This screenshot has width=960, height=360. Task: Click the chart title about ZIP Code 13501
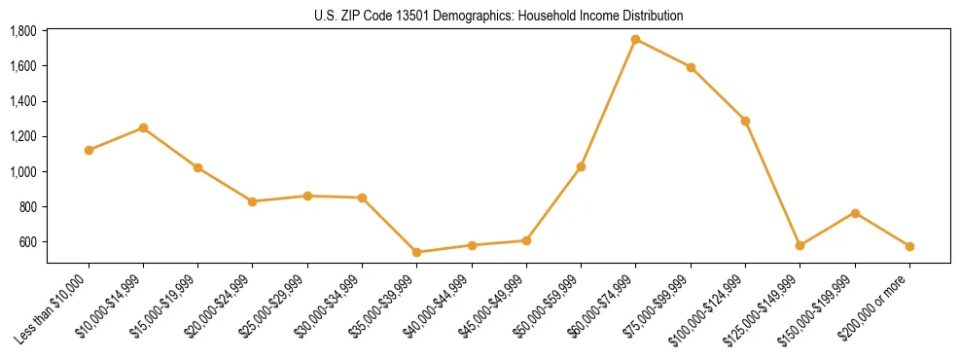pos(498,16)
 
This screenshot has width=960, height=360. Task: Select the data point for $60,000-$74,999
pos(635,39)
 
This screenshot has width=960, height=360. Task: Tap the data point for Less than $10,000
pos(89,150)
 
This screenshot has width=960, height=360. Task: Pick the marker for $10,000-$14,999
pos(143,127)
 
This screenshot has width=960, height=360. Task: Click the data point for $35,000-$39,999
pos(416,252)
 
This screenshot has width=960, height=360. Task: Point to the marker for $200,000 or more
pos(909,246)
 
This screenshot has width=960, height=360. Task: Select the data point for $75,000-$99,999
pos(691,67)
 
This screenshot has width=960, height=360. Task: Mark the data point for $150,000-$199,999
pos(855,212)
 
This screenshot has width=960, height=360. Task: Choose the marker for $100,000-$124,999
pos(745,121)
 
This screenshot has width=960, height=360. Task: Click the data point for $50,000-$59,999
pos(581,166)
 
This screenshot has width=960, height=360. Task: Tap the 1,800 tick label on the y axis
pos(22,31)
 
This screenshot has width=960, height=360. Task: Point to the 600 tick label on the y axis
pos(28,242)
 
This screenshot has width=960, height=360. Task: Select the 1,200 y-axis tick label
pos(22,136)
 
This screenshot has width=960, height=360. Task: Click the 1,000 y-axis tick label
pos(22,172)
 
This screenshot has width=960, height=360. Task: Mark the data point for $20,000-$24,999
pos(252,201)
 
